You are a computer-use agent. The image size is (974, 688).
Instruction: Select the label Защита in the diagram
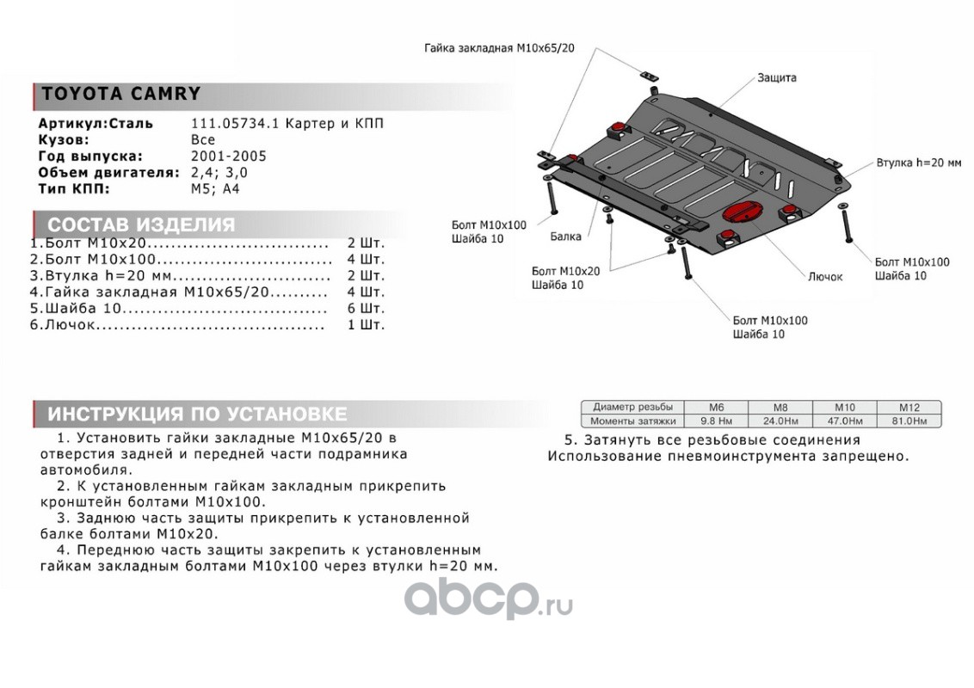click(x=776, y=77)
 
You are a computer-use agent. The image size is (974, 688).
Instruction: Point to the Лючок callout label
click(x=825, y=277)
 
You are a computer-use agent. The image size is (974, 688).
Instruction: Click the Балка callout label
click(x=565, y=236)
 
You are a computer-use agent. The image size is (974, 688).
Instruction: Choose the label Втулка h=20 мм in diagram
click(x=918, y=163)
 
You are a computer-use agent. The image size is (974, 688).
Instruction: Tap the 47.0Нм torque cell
click(x=844, y=421)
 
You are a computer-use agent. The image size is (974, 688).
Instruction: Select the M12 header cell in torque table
click(x=909, y=407)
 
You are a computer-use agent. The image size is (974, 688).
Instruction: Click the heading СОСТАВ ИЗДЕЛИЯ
click(x=140, y=225)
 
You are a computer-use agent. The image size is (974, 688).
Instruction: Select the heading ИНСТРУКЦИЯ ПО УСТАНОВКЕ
click(x=197, y=413)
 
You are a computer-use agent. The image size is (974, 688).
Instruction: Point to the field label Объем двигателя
click(x=102, y=172)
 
